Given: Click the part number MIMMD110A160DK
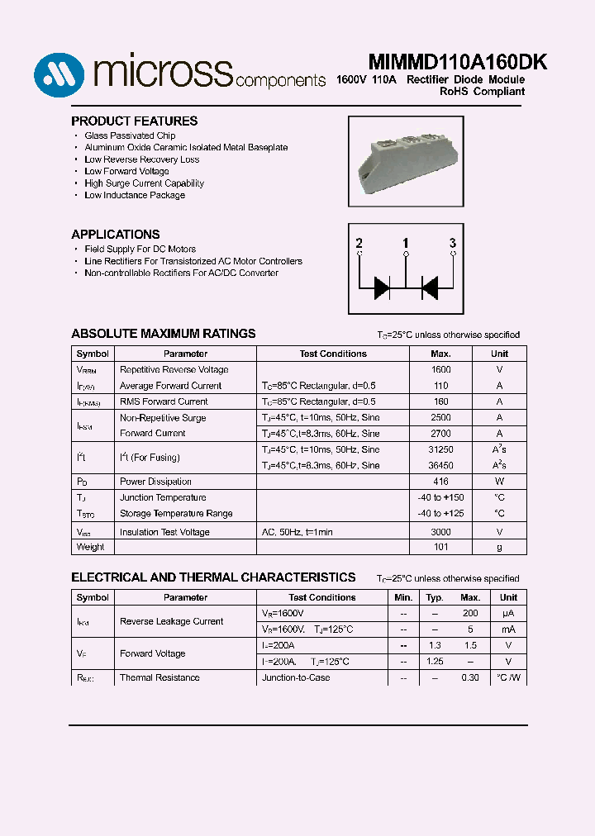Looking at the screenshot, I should point(445,64).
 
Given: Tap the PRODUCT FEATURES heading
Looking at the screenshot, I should point(134,121).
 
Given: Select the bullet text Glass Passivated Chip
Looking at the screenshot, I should point(130,135).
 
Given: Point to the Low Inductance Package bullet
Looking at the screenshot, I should point(135,196).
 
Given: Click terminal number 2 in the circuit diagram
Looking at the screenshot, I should point(359,243).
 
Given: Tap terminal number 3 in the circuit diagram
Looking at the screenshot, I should point(452,243).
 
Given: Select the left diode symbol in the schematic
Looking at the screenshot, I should point(382,287).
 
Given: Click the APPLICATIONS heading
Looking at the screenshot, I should point(116,235).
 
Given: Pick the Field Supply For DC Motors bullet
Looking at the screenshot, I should point(140,249).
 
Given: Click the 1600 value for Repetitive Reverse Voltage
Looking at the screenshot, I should point(441,370).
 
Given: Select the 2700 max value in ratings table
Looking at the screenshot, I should point(441,434).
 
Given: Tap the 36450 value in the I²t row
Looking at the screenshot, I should point(441,466).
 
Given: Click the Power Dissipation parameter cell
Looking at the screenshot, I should point(155,482).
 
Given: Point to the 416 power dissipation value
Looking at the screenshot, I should point(441,482).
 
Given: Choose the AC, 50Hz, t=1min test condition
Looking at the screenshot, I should point(297,533).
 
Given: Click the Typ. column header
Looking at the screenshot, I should point(435,597).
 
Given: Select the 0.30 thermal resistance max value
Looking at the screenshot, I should point(470,678).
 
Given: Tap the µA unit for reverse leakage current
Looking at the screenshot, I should point(508,614).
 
